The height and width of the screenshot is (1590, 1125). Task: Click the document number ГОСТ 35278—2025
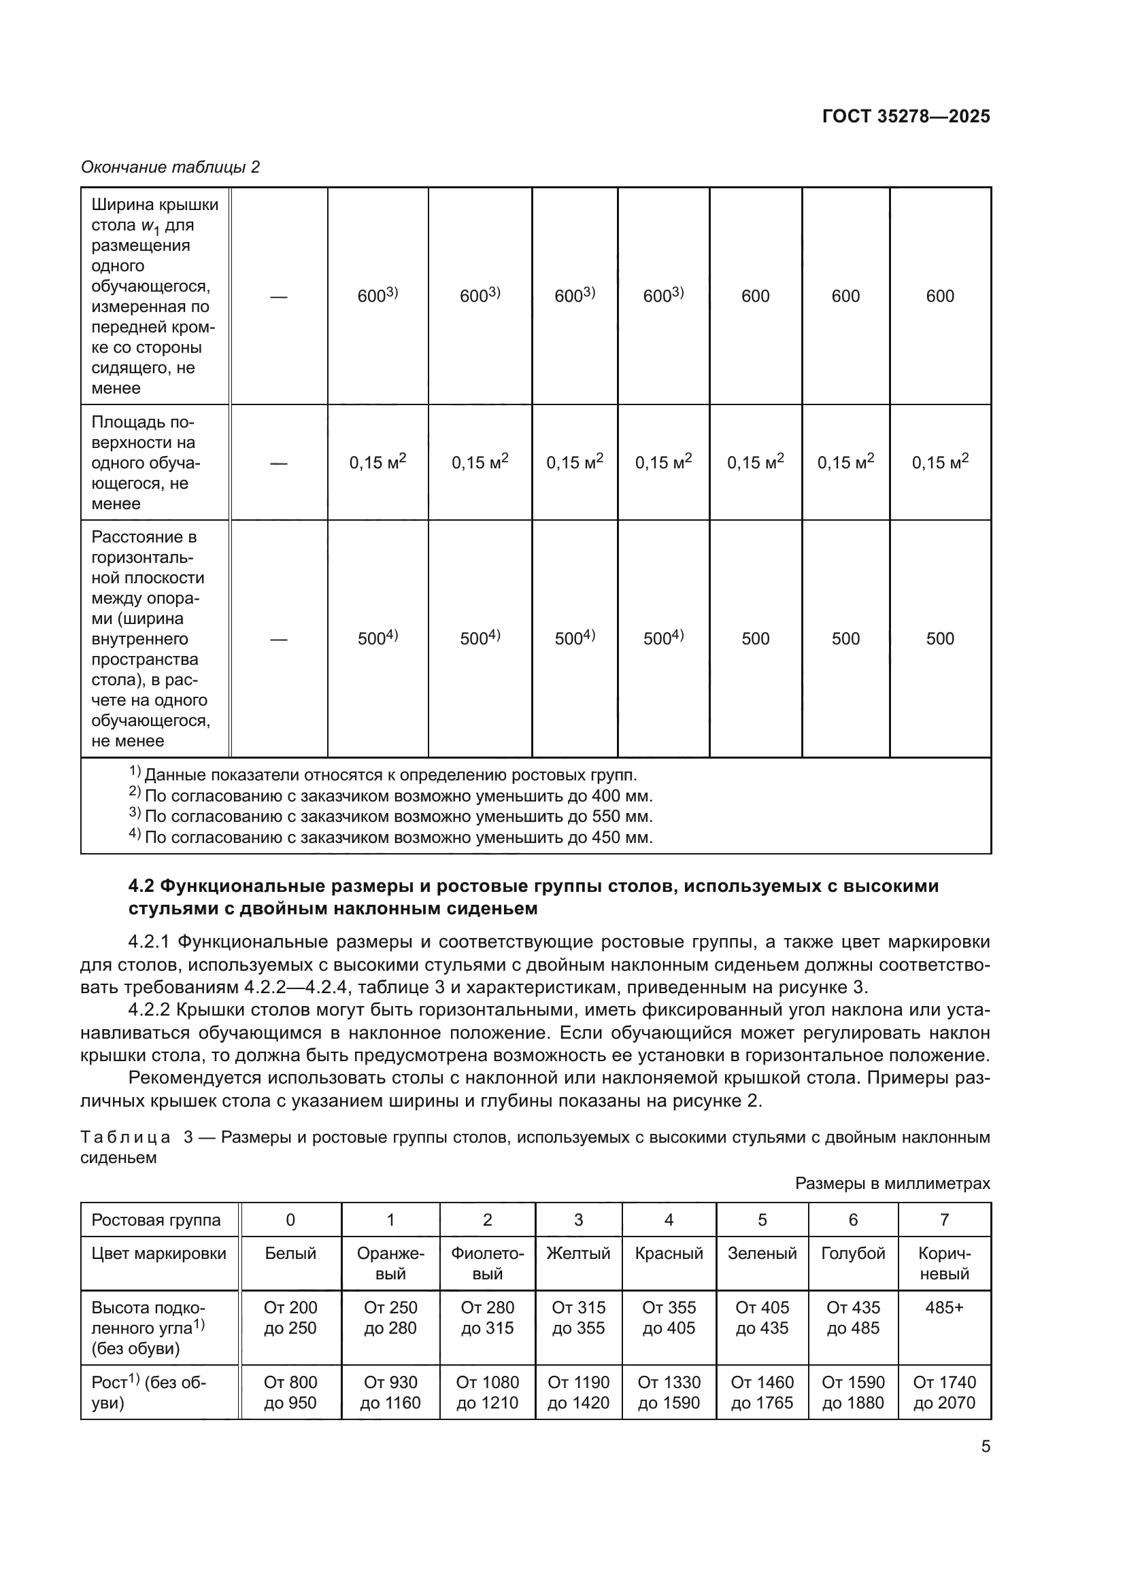(x=905, y=116)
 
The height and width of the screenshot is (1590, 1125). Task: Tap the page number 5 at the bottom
(x=985, y=1446)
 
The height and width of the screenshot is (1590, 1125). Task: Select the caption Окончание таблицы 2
(x=171, y=167)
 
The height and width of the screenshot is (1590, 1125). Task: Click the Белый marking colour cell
(x=290, y=1254)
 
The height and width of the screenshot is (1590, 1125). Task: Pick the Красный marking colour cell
(x=669, y=1254)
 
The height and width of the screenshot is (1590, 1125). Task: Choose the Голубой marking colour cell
(x=853, y=1254)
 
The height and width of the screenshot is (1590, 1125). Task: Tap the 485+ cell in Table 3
(x=944, y=1307)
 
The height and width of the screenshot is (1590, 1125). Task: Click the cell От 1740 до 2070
(x=944, y=1392)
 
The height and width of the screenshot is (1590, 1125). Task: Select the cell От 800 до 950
(x=290, y=1392)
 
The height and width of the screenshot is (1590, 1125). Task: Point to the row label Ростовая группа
(x=156, y=1220)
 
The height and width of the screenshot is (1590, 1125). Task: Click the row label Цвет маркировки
(x=158, y=1254)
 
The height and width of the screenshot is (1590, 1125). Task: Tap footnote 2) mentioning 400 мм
(x=391, y=796)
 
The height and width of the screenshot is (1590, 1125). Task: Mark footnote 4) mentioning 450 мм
(x=391, y=837)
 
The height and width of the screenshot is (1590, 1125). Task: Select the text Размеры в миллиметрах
(x=892, y=1183)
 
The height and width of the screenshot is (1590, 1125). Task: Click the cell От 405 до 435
(x=761, y=1318)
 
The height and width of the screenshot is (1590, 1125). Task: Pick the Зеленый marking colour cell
(x=761, y=1254)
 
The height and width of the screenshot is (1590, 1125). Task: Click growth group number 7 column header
(x=944, y=1220)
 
